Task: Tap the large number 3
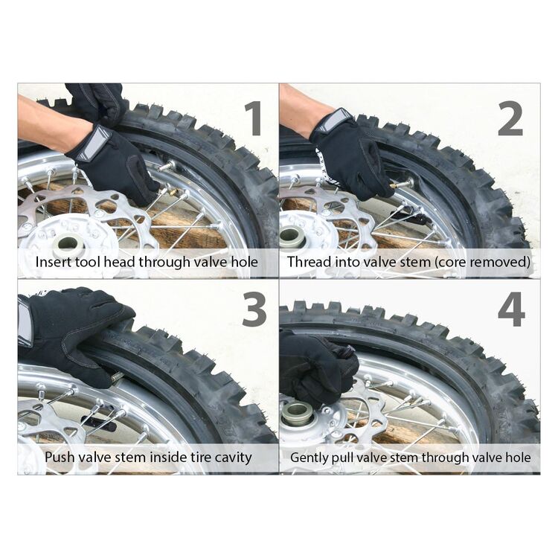click(254, 309)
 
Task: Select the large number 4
click(511, 309)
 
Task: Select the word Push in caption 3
click(59, 457)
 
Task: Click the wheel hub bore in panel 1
click(69, 243)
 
